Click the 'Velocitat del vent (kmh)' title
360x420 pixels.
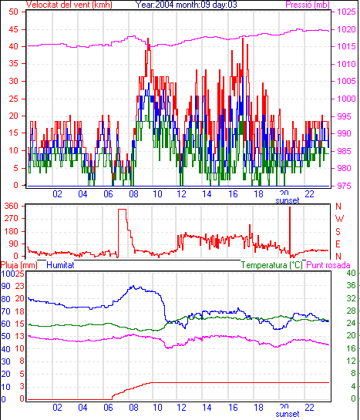pos(69,5)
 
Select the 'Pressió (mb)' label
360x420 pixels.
pos(308,5)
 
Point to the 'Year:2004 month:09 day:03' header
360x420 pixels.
pos(186,5)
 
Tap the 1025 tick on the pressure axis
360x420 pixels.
pos(346,12)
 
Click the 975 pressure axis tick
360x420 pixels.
pos(344,186)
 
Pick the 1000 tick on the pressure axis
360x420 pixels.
pos(346,99)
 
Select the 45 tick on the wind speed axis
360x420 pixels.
pos(13,29)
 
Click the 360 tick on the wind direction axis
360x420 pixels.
pos(12,206)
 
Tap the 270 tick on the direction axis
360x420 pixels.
pos(12,218)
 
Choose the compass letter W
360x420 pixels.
pos(339,219)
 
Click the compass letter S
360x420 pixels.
pos(338,231)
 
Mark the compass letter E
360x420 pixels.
pos(338,244)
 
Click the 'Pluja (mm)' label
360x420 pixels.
pos(19,265)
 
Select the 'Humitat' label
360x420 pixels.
pos(60,265)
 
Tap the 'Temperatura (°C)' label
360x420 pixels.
pos(271,265)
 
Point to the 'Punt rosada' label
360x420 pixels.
pos(328,265)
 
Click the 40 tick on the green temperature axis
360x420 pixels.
pos(351,273)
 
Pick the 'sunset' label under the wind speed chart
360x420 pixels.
pos(288,200)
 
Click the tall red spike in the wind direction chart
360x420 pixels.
pos(290,230)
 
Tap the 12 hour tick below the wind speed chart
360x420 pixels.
pos(181,193)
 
